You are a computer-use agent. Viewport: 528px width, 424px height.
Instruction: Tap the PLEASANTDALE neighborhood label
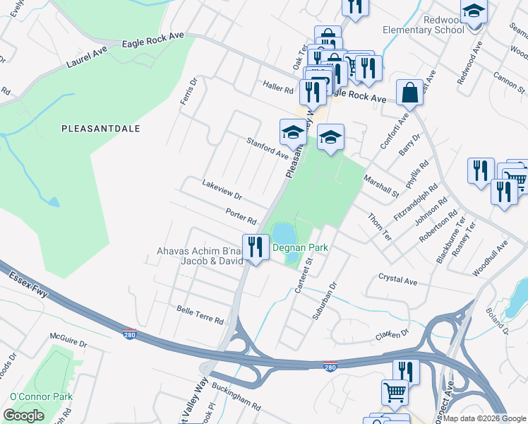pos(101,129)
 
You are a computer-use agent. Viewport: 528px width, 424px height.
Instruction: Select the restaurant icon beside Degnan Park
pos(255,247)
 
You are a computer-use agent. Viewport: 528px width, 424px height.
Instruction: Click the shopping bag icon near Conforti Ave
pos(409,92)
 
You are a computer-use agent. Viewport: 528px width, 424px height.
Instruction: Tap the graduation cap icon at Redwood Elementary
pos(474,12)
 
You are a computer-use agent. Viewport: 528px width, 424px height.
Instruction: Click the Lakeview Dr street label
pos(222,192)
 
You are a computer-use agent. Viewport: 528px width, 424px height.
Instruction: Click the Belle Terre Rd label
pos(200,315)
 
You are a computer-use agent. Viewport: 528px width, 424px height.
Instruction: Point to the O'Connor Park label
pos(40,397)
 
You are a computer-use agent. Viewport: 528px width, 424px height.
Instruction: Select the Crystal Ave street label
pos(398,279)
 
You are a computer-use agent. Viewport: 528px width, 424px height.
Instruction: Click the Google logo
pos(24,415)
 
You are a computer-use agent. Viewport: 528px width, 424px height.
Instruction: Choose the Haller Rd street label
pos(279,89)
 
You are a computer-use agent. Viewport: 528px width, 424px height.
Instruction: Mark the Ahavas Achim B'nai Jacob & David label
pos(200,256)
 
